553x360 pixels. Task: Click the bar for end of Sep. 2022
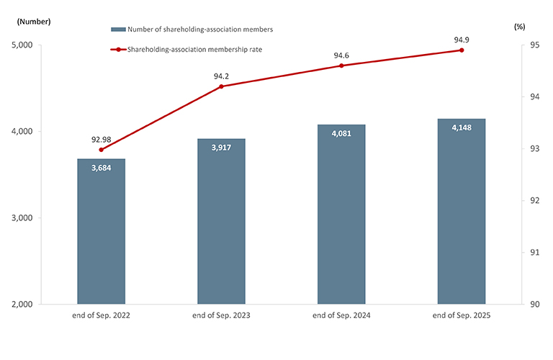click(x=101, y=231)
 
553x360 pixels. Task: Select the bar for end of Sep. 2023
click(x=221, y=221)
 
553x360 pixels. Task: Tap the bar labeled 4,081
click(x=341, y=214)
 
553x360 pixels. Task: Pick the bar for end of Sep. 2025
click(x=462, y=211)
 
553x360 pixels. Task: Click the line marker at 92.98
click(x=101, y=150)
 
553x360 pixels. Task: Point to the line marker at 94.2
click(x=221, y=86)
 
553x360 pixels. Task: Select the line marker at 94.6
click(x=341, y=66)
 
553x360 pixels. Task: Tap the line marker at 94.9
click(x=462, y=50)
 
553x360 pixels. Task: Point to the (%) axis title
click(x=520, y=27)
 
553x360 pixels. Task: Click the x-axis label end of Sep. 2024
click(x=341, y=316)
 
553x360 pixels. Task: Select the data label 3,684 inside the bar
click(x=101, y=168)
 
